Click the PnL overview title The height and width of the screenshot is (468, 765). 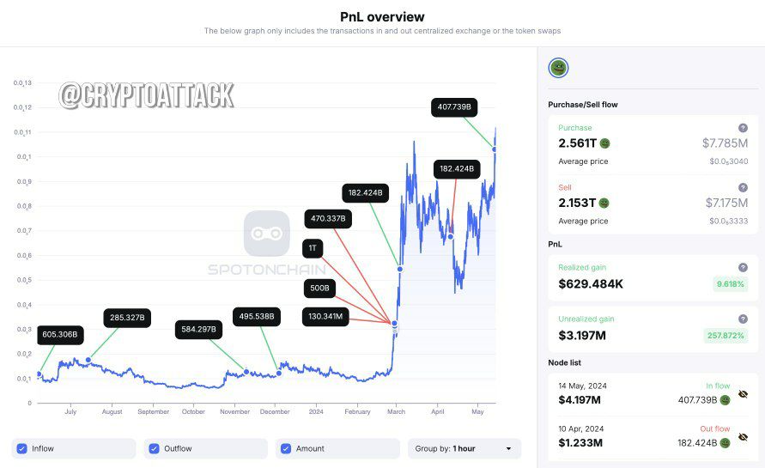pyautogui.click(x=382, y=17)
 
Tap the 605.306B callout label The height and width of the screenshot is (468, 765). pyautogui.click(x=60, y=335)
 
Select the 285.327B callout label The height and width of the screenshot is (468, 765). pyautogui.click(x=127, y=318)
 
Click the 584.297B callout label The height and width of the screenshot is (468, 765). pyautogui.click(x=198, y=330)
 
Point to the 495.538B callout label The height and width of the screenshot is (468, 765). pyautogui.click(x=257, y=317)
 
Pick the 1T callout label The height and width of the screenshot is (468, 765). pyautogui.click(x=313, y=248)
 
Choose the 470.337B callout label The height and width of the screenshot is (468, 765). pyautogui.click(x=328, y=219)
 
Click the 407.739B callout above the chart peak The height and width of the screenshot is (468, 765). pyautogui.click(x=454, y=106)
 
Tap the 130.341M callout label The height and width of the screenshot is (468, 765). pyautogui.click(x=325, y=317)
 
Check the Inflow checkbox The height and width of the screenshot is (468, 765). pyautogui.click(x=22, y=448)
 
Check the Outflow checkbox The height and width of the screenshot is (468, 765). pyautogui.click(x=155, y=448)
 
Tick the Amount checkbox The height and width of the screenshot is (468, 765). pyautogui.click(x=286, y=448)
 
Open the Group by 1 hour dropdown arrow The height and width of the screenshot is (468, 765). pyautogui.click(x=508, y=448)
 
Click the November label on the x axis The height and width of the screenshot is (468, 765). pyautogui.click(x=234, y=412)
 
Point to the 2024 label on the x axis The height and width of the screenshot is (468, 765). pyautogui.click(x=316, y=412)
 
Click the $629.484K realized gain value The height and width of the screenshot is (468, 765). pyautogui.click(x=591, y=284)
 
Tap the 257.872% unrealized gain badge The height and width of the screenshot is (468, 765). pyautogui.click(x=726, y=336)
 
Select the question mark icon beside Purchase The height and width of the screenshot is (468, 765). pyautogui.click(x=743, y=128)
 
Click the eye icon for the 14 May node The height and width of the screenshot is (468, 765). pyautogui.click(x=743, y=394)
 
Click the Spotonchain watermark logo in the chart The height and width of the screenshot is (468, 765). pyautogui.click(x=267, y=234)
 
